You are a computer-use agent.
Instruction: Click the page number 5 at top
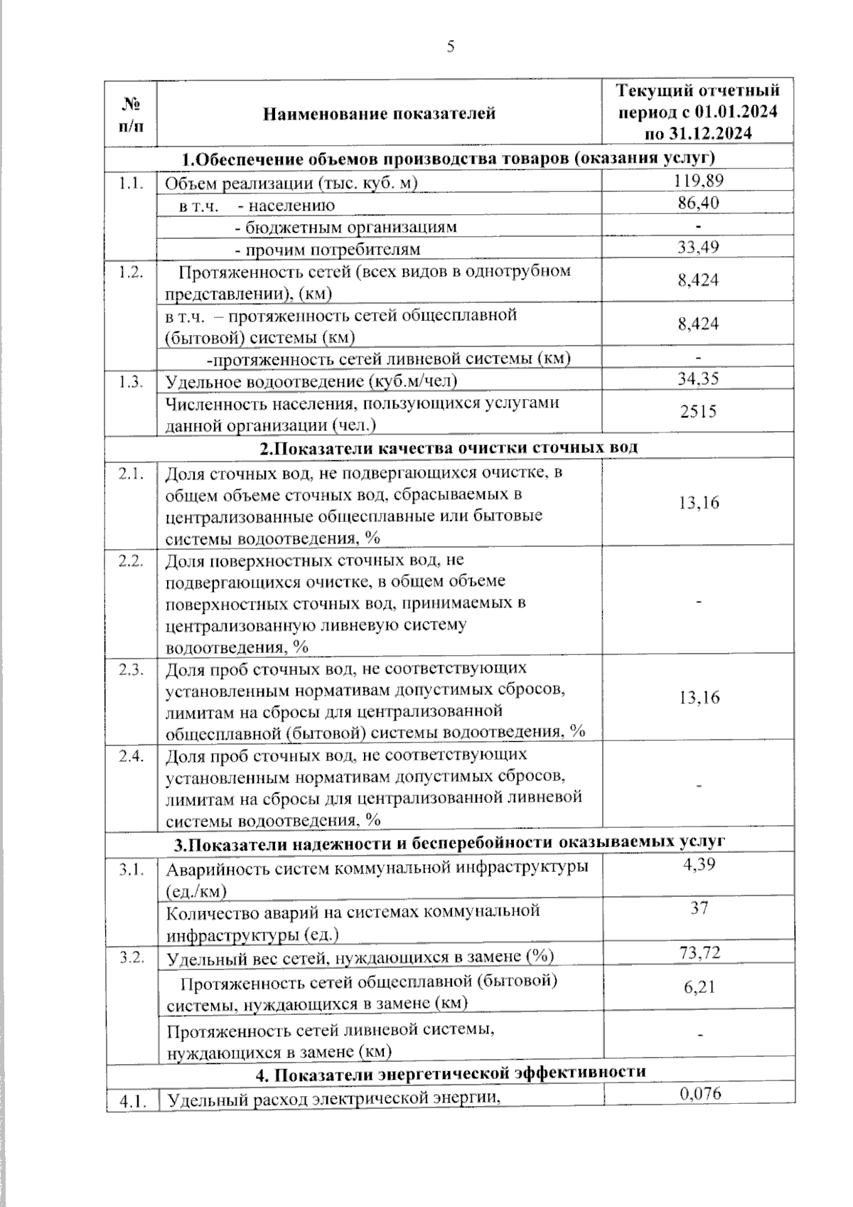point(450,47)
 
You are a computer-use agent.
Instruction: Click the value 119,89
point(698,180)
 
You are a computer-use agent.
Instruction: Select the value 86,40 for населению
point(698,203)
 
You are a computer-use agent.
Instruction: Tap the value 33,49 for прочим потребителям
point(698,247)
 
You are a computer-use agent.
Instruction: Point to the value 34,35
point(698,378)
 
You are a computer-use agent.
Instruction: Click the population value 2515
point(698,411)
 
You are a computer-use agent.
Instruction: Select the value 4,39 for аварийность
point(699,864)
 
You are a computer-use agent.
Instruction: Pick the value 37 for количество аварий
point(699,908)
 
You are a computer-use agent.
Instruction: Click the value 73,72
point(699,952)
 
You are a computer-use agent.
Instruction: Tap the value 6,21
point(699,987)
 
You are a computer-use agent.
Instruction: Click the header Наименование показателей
point(378,113)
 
